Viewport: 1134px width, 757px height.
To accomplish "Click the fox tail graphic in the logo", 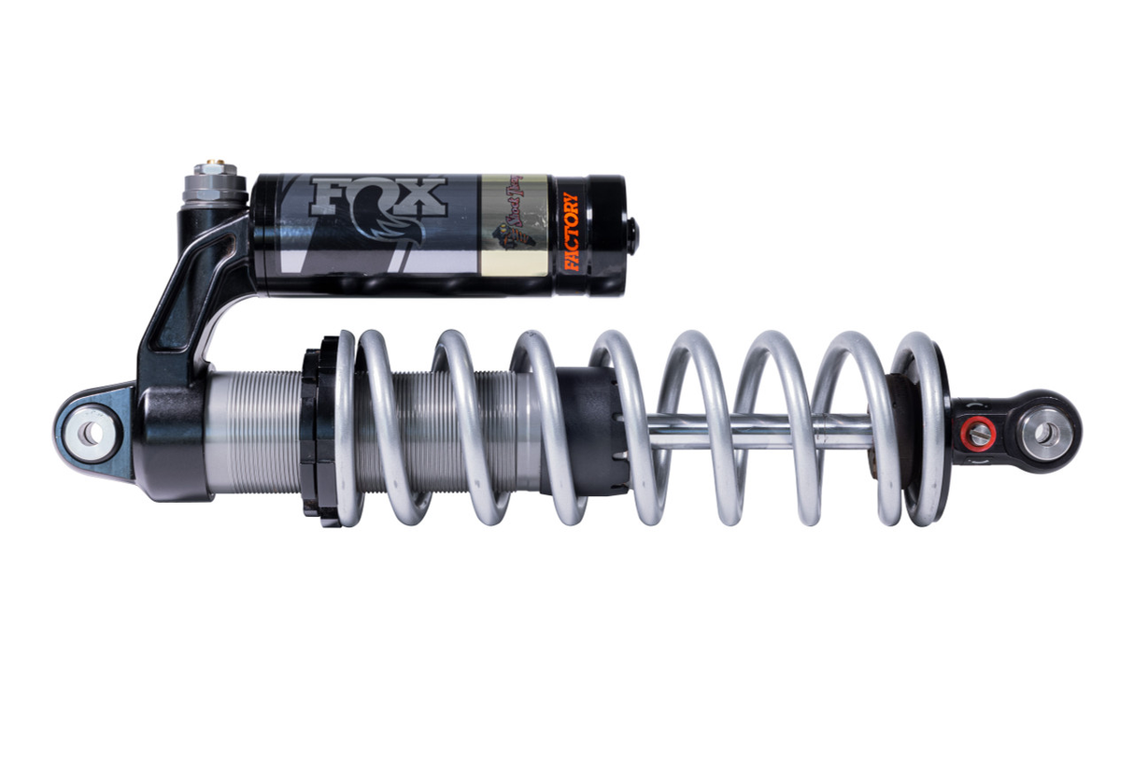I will tap(392, 234).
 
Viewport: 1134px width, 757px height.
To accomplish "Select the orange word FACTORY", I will tap(572, 232).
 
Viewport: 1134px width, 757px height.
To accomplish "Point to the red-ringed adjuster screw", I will tap(978, 433).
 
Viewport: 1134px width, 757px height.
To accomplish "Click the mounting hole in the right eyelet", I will tap(1046, 433).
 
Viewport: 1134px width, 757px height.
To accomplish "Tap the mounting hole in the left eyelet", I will tap(92, 433).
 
